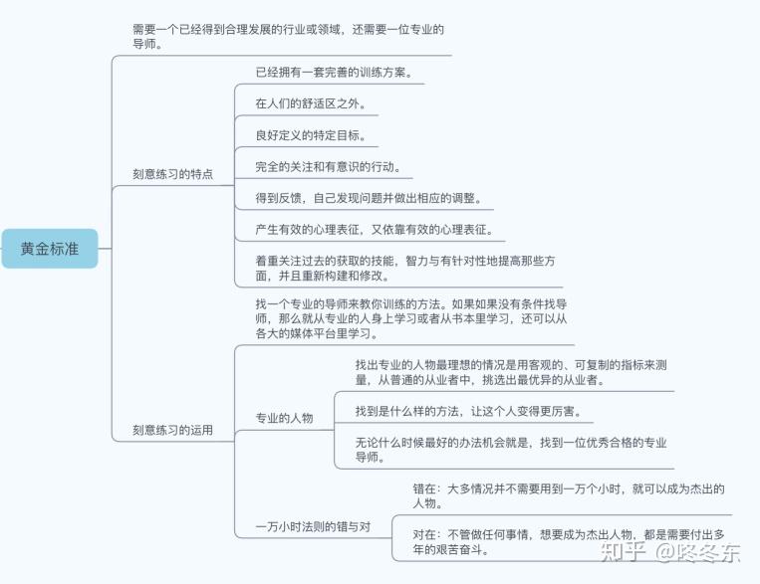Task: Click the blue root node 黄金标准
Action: pyautogui.click(x=50, y=249)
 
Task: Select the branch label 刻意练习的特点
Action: pyautogui.click(x=172, y=173)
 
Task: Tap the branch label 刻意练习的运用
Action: pyautogui.click(x=172, y=431)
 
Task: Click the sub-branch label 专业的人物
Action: pyautogui.click(x=285, y=418)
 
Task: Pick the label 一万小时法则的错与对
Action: pyautogui.click(x=313, y=526)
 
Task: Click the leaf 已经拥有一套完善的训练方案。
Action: pyautogui.click(x=333, y=73)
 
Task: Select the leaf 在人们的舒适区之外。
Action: pyautogui.click(x=311, y=103)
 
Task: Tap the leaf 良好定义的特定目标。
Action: pyautogui.click(x=311, y=135)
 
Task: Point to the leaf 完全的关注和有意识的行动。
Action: pyautogui.click(x=328, y=167)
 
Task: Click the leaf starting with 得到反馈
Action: pyautogui.click(x=369, y=199)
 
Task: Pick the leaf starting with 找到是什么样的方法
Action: pyautogui.click(x=468, y=411)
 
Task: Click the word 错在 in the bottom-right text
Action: pyautogui.click(x=425, y=488)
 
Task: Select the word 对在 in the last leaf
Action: pyautogui.click(x=425, y=533)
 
